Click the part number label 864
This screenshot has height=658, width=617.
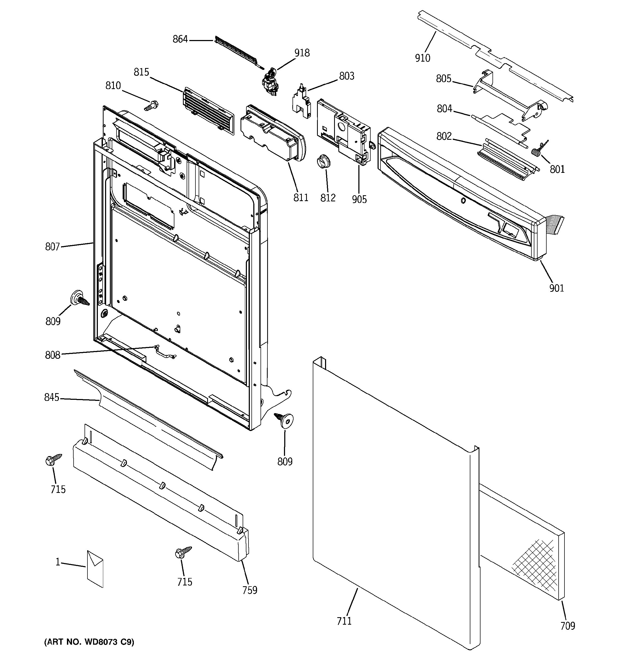click(180, 39)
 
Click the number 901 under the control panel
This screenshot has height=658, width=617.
click(556, 288)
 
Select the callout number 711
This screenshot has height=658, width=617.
click(344, 621)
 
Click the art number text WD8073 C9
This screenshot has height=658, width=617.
click(89, 642)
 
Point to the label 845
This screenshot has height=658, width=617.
click(52, 397)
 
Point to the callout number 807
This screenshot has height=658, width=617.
click(52, 247)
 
